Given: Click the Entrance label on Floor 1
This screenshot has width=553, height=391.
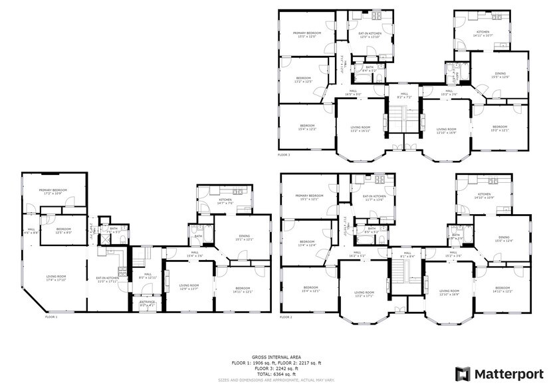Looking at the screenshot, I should point(147,303).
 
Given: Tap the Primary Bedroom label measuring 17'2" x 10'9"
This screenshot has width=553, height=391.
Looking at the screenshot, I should point(54,192).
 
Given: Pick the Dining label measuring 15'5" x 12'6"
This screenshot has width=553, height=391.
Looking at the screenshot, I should point(499,75).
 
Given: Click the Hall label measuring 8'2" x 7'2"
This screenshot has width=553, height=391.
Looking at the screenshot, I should point(403,96).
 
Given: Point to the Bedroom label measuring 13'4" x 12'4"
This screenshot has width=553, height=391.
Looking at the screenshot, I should point(307,243).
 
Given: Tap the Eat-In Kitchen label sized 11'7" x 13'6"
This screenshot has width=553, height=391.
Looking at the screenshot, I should point(374,198).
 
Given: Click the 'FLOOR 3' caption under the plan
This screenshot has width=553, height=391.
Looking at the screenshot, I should point(285,154).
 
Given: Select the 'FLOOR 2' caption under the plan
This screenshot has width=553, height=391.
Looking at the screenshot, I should point(286,317).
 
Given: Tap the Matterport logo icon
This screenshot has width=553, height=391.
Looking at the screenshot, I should point(463,373).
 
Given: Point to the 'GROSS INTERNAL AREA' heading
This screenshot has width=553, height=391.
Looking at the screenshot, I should point(276,357).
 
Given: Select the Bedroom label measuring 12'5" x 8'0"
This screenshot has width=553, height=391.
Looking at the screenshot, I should point(64,230).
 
